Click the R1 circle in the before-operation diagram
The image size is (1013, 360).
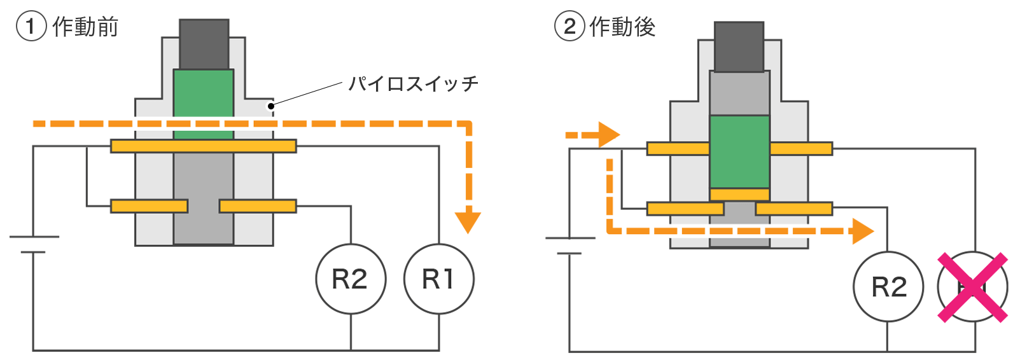click(x=438, y=279)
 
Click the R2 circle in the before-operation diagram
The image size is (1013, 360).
click(x=351, y=279)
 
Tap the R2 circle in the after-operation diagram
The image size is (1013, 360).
click(x=888, y=287)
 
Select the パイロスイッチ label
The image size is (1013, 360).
click(x=413, y=83)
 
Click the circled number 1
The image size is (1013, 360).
click(x=31, y=27)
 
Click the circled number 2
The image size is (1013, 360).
click(x=569, y=27)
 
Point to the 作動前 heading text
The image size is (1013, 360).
click(x=85, y=27)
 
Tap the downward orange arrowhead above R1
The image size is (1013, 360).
click(x=468, y=221)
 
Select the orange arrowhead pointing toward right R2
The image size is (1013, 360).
click(x=863, y=231)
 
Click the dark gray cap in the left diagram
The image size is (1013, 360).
click(x=204, y=44)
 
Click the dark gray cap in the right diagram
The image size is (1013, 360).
click(x=739, y=47)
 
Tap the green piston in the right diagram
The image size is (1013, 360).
click(x=739, y=151)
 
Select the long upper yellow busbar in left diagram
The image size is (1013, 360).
click(x=204, y=146)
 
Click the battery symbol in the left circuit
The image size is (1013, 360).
click(x=34, y=245)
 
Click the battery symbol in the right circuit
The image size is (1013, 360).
click(x=569, y=246)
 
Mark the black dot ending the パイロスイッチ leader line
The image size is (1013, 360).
click(x=271, y=106)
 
